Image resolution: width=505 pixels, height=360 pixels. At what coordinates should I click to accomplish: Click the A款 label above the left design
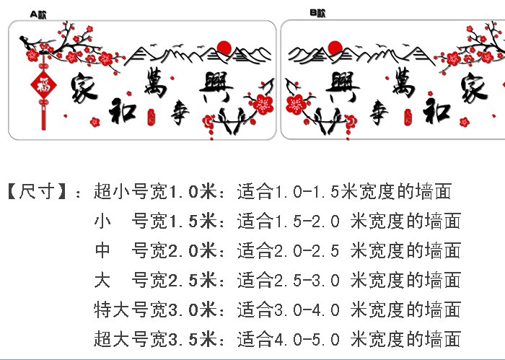[38, 14]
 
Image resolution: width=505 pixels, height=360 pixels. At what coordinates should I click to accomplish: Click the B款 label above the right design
[317, 13]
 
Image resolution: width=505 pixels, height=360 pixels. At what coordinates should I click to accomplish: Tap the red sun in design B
[335, 48]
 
